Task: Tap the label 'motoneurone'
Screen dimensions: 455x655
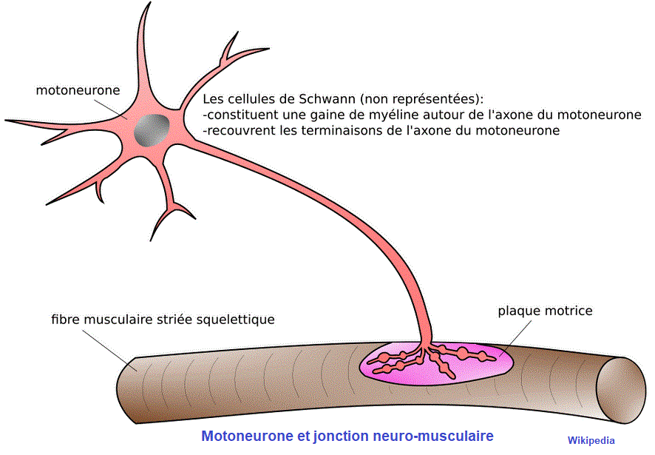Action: [x=78, y=91]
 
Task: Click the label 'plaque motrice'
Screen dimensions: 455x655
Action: [x=545, y=311]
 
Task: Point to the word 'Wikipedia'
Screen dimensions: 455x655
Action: [x=591, y=440]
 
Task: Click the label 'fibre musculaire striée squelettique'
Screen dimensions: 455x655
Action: [x=163, y=320]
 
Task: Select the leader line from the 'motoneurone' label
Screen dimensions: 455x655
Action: [x=112, y=107]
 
